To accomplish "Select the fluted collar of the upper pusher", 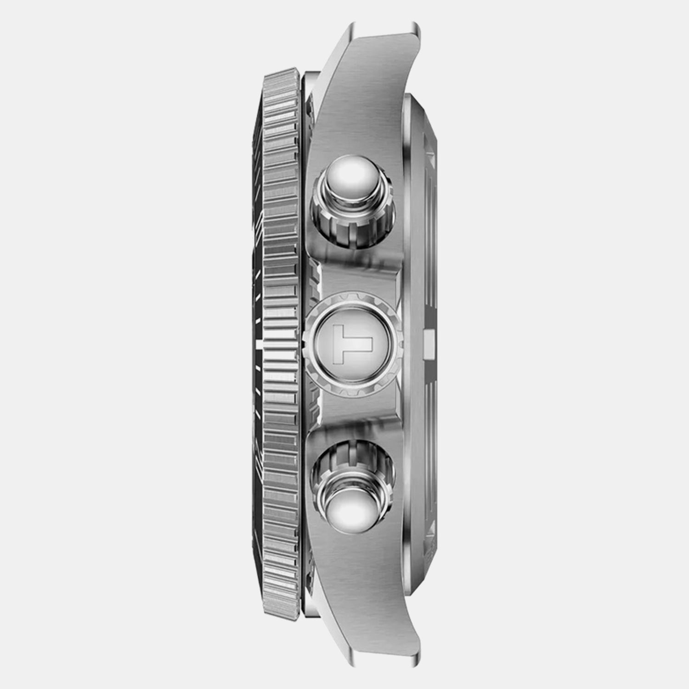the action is point(353,216).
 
